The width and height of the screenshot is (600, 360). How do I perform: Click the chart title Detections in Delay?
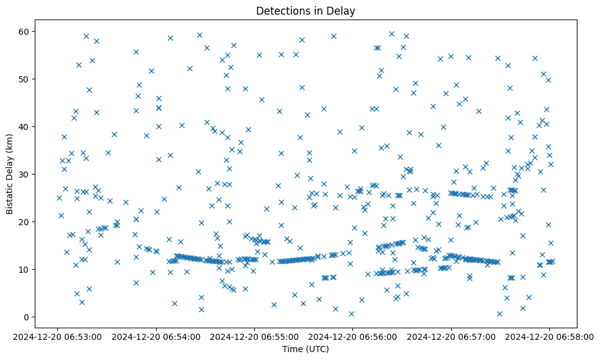pos(305,11)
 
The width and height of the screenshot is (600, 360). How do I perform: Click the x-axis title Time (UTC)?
pos(305,349)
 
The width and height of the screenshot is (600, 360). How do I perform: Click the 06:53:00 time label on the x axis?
pos(59,336)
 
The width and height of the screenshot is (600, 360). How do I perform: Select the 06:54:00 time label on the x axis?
pos(157,336)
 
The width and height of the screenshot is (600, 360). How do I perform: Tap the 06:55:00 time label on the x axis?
pos(255,336)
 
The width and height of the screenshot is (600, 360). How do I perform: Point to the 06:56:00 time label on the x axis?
pos(353,336)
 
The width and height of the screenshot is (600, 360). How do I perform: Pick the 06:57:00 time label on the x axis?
pos(451,336)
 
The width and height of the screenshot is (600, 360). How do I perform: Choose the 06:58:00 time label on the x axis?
pos(549,336)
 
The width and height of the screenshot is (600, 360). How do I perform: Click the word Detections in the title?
pos(282,11)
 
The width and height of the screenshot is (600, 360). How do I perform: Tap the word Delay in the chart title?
pos(342,11)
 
